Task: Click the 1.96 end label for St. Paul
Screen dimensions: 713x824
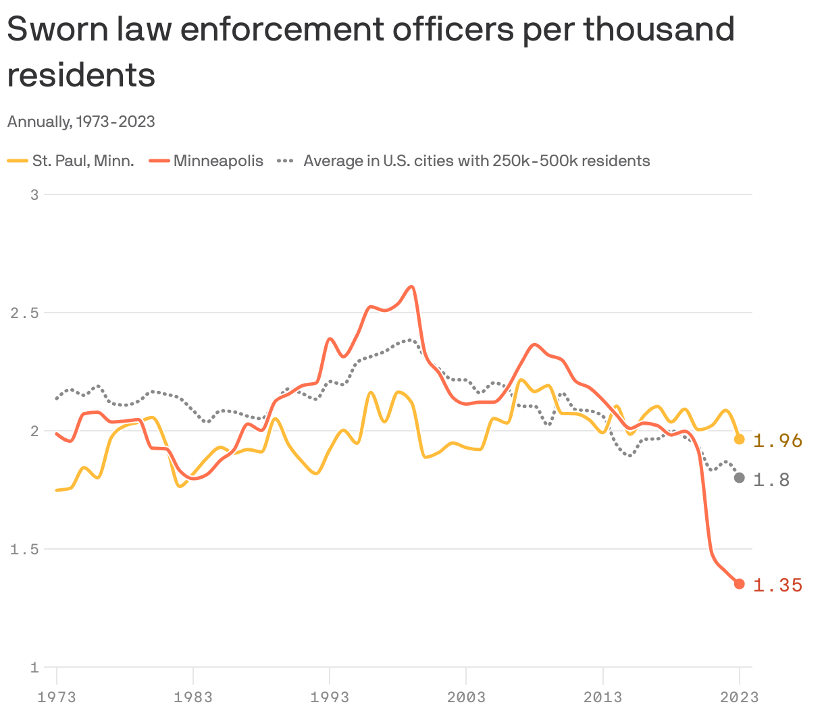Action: [777, 441]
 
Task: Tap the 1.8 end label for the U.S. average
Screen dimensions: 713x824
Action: [771, 480]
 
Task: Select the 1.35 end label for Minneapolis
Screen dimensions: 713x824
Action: [777, 585]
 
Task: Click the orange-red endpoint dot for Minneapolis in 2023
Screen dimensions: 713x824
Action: [740, 584]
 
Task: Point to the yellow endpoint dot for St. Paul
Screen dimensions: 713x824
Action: [740, 440]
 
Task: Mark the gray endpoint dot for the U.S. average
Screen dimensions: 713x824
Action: [740, 478]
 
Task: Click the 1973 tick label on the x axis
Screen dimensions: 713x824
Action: [57, 697]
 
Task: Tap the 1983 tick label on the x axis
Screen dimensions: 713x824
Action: [193, 697]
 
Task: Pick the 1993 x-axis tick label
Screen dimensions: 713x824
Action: [330, 697]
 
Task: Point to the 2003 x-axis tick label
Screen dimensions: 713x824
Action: [466, 697]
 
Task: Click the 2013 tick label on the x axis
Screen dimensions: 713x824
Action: [602, 697]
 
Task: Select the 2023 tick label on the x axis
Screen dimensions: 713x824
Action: [739, 697]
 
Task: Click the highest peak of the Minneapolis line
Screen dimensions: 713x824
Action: [411, 286]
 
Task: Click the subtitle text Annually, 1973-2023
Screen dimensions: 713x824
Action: [81, 122]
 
